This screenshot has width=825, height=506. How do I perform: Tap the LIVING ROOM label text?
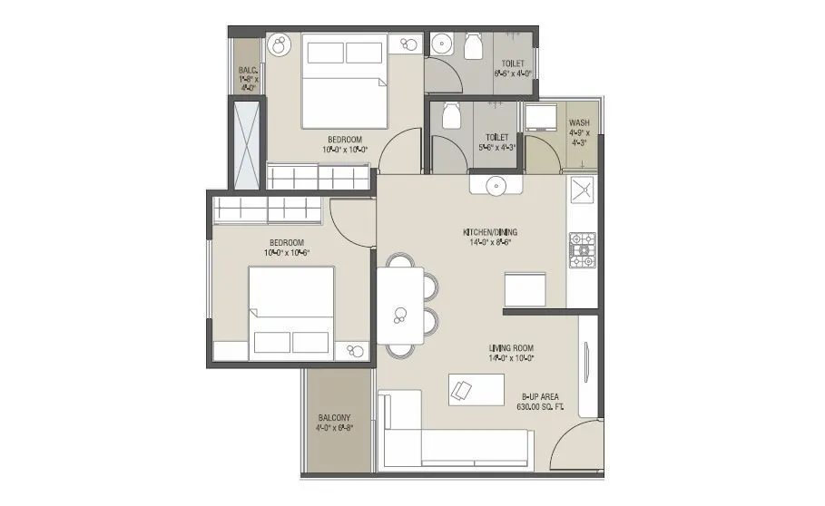pos(511,352)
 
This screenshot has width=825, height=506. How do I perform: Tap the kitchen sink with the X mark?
pos(581,190)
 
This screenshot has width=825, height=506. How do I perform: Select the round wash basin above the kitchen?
pos(496,185)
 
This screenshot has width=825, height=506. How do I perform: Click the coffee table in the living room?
pos(476,389)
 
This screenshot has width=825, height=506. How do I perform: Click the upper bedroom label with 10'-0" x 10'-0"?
pos(342,144)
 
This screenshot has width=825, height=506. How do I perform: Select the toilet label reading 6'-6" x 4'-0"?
pos(510,69)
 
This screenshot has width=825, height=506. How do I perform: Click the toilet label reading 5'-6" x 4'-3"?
pos(496,142)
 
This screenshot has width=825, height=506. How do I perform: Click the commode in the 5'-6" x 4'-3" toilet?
pos(451,114)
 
